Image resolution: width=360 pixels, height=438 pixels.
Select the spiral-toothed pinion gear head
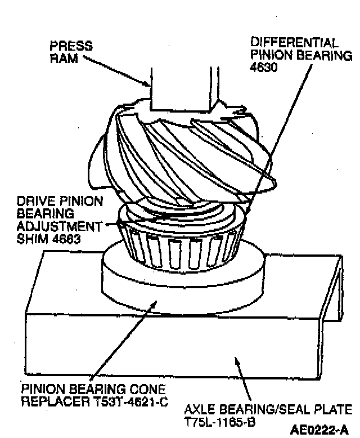click(180, 158)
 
